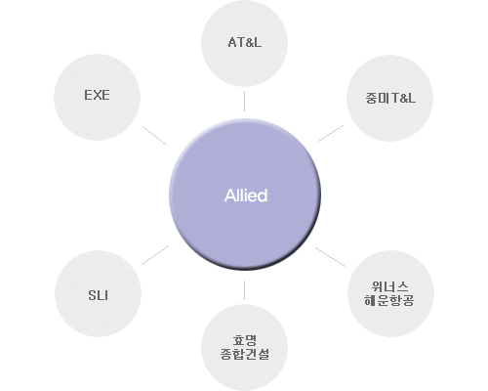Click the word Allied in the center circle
coord(246,195)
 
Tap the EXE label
coord(97,95)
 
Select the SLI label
coord(98,295)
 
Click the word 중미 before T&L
coord(377,98)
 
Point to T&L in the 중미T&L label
coord(403,98)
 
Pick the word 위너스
coord(389,286)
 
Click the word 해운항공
coord(389,300)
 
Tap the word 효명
coord(245,340)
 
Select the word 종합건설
coord(245,354)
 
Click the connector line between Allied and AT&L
coord(244,101)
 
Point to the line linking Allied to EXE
coord(154,136)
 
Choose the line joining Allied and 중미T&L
coord(331,133)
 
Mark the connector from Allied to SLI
coord(155,255)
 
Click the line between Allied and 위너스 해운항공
coord(330,257)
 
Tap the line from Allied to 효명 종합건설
coord(244,290)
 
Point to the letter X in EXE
coord(97,95)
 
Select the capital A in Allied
coord(230,195)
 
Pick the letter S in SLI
coord(92,295)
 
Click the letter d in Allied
coord(263,195)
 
